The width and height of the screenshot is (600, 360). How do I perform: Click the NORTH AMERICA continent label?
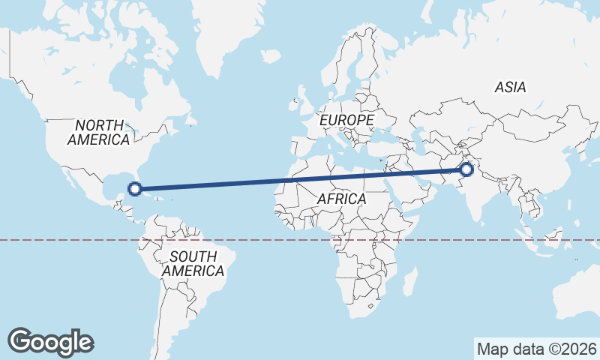98,132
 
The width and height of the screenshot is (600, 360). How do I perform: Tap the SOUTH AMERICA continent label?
193,263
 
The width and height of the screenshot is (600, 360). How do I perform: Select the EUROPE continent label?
346,120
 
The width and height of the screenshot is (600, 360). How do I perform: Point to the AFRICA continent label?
341,199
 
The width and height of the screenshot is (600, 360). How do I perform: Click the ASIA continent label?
510,88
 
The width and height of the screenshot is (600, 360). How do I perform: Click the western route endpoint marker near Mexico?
135,188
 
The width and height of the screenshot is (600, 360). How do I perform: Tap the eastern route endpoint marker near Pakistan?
466,169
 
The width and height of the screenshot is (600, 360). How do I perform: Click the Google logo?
50,341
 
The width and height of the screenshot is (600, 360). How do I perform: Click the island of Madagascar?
410,283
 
